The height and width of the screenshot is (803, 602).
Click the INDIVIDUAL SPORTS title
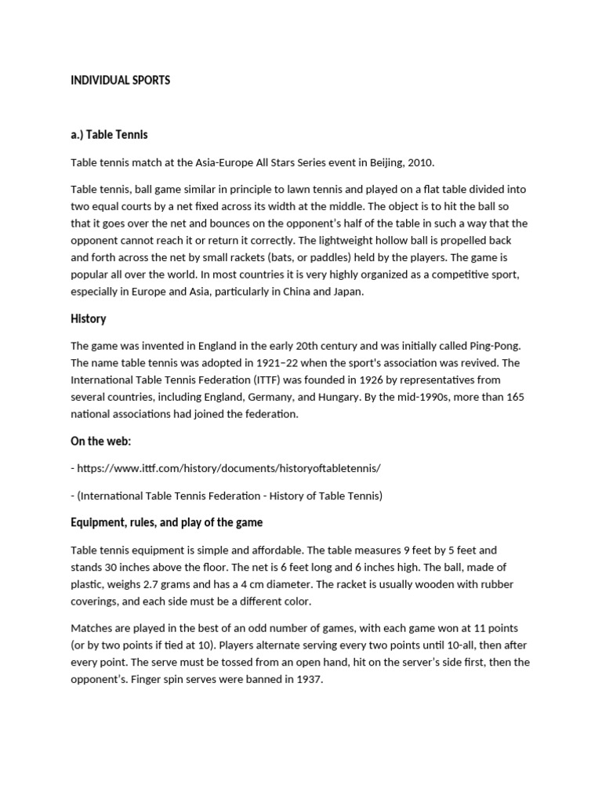pos(120,81)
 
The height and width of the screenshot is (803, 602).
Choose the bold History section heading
pos(89,319)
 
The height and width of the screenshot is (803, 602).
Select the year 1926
pos(349,380)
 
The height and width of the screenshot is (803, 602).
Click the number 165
pos(515,397)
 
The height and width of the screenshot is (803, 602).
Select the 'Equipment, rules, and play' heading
pos(167,522)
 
